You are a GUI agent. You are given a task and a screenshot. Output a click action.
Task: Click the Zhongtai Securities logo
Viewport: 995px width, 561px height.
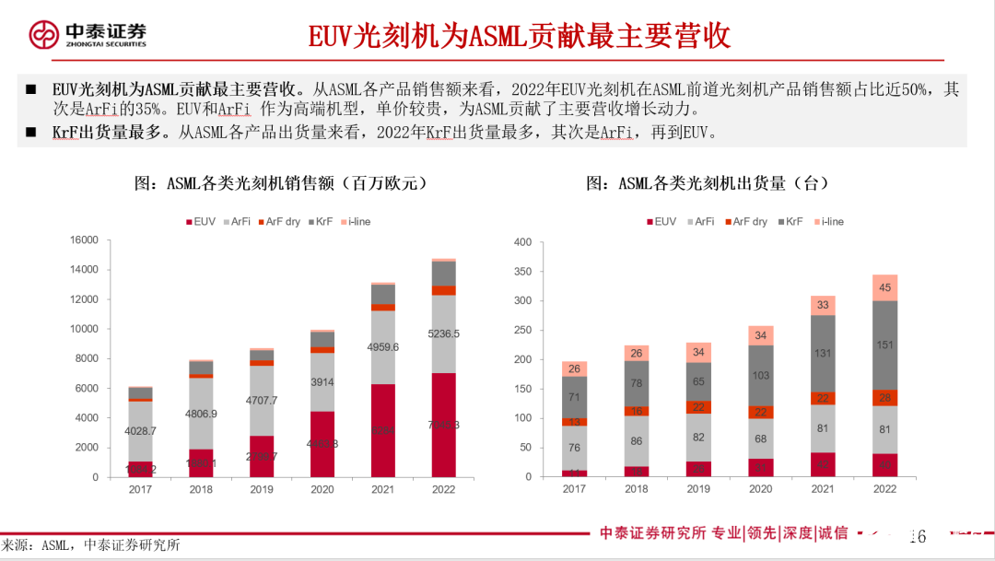[x=88, y=34]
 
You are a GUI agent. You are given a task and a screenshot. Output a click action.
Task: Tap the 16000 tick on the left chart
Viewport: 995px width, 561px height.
[x=84, y=240]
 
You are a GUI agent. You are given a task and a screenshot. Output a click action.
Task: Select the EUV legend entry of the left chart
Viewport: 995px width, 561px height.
[x=202, y=222]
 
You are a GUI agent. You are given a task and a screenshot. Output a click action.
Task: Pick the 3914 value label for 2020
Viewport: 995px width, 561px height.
[x=322, y=381]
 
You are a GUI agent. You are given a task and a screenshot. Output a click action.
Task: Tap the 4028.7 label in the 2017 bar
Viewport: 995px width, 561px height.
[x=141, y=430]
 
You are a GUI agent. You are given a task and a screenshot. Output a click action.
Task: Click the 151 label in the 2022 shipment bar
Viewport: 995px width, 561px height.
[x=885, y=345]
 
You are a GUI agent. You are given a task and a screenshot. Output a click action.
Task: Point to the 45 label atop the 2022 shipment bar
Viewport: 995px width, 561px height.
[x=885, y=287]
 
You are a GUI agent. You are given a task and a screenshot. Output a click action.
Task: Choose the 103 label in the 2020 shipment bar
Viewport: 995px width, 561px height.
[x=760, y=376]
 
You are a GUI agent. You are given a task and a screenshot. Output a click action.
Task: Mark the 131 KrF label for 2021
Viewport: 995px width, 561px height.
[x=823, y=353]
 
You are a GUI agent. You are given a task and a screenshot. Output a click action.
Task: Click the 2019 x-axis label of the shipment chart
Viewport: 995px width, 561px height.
[x=698, y=489]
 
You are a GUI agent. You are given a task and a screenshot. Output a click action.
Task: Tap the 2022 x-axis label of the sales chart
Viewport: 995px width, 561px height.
[x=443, y=490]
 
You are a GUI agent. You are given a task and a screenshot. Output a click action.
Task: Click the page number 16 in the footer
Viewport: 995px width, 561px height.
[x=917, y=536]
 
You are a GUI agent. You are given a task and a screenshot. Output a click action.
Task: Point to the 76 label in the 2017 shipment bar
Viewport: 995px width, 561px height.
[x=574, y=448]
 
